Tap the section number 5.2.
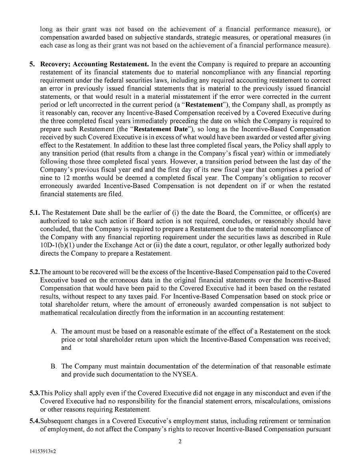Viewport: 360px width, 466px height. pyautogui.click(x=34, y=272)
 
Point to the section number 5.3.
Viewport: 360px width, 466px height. pyautogui.click(x=34, y=394)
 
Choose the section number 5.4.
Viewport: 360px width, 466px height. pyautogui.click(x=34, y=421)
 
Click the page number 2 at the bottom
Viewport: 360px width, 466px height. pyautogui.click(x=180, y=442)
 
